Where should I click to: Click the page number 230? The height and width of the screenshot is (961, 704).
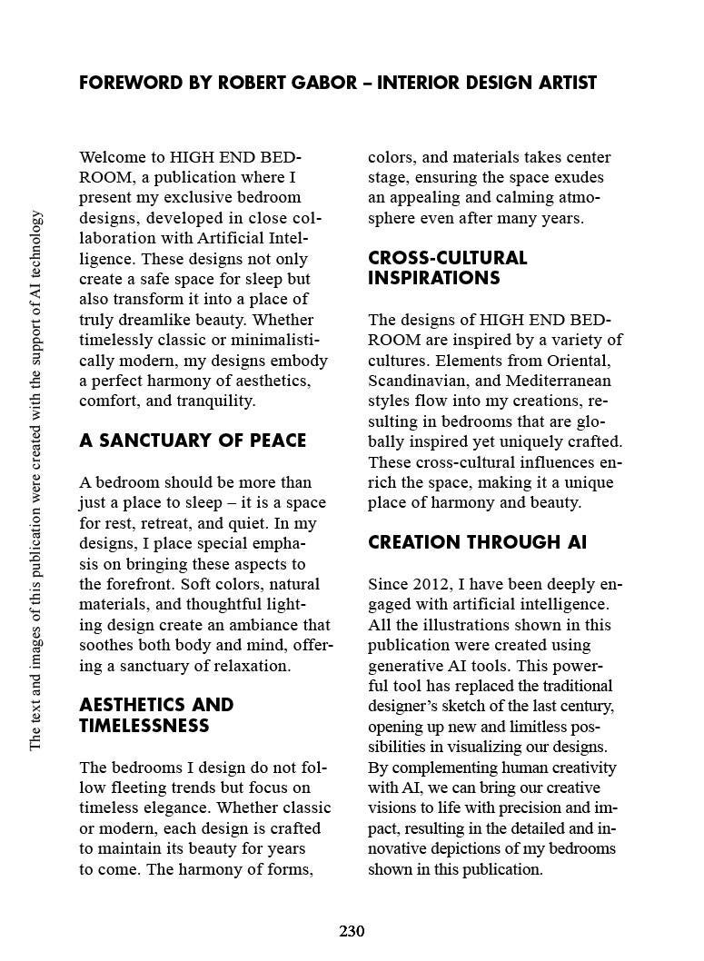coord(352,931)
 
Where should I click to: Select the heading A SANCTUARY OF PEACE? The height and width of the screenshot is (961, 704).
coord(193,441)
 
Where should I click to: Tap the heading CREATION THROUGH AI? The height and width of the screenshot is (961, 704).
coord(477,543)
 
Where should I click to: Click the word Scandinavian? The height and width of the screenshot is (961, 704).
coord(415,381)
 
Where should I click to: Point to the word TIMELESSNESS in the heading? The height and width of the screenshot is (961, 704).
coord(144,726)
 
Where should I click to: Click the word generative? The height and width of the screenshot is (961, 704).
coord(405,666)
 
